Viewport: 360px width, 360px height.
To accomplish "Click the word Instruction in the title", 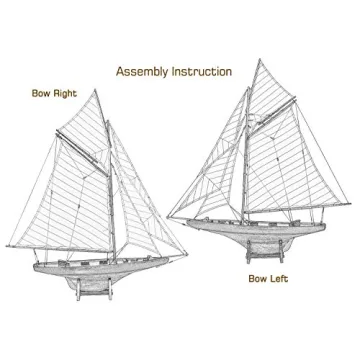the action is point(204,72).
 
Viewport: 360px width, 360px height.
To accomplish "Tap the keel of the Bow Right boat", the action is point(80,284).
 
